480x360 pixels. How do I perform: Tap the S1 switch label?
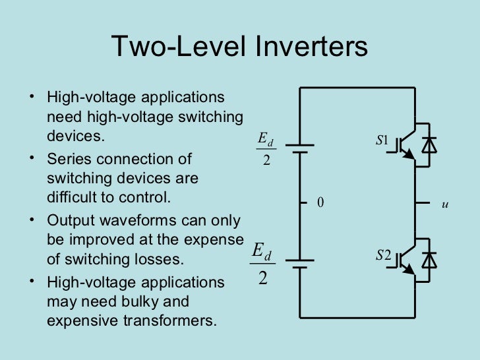coord(382,140)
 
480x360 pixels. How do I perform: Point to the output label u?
coord(445,204)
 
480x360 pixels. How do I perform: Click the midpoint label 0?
coord(321,203)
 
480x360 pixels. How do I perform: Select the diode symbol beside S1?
coord(429,145)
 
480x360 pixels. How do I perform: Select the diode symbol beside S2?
coord(429,260)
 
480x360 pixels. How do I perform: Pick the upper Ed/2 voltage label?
coord(265,149)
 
